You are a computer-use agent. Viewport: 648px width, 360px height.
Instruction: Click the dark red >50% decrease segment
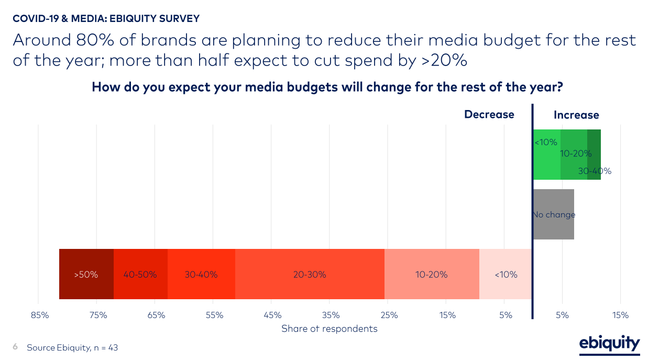[86, 274]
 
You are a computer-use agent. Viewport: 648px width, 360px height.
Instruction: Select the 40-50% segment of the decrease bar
[140, 274]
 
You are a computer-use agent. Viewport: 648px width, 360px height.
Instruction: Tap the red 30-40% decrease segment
[201, 274]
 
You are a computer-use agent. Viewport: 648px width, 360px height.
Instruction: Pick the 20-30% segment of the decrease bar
[310, 274]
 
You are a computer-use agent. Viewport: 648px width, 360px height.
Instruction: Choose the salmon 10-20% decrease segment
[432, 274]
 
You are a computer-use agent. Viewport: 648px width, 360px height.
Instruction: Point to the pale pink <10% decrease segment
[506, 274]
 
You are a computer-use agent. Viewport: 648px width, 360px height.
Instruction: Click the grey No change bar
[554, 214]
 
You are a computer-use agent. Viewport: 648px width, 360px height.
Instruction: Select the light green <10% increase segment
[546, 155]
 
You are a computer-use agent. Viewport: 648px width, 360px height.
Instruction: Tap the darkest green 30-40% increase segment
[594, 155]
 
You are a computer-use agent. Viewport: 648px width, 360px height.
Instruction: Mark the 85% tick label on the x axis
[40, 315]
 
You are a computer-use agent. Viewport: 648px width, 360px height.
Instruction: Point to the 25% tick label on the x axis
[389, 315]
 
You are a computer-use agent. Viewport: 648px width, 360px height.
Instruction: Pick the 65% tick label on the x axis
[156, 315]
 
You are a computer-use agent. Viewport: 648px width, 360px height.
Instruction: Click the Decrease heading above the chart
[489, 115]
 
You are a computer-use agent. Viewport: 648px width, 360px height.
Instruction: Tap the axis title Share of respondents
[329, 329]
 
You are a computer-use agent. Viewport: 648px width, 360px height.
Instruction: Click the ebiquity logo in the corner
[609, 344]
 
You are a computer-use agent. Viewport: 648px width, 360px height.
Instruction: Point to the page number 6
[15, 347]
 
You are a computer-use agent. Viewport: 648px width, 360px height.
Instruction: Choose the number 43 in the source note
[113, 347]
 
